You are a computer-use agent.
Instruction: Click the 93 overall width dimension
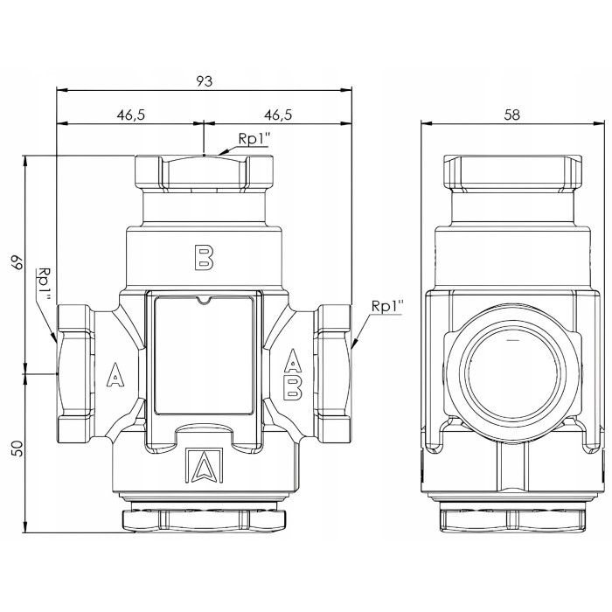(204, 81)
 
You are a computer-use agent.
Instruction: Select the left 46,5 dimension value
(131, 115)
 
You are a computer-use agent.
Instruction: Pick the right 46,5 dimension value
(278, 115)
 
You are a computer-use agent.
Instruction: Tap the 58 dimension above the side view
(512, 115)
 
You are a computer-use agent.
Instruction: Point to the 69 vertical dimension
(17, 262)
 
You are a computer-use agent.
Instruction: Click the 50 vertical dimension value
(17, 449)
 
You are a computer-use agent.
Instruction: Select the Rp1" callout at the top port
(254, 139)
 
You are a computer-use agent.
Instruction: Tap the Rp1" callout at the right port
(386, 306)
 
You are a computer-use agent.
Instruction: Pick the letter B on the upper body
(204, 257)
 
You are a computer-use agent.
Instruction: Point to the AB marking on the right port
(292, 374)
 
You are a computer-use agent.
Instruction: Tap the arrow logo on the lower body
(204, 464)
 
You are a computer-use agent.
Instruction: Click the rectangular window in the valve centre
(204, 355)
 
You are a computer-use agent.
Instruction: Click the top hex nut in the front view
(204, 171)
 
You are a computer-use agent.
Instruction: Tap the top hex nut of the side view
(512, 171)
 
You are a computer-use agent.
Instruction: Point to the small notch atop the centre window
(204, 300)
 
